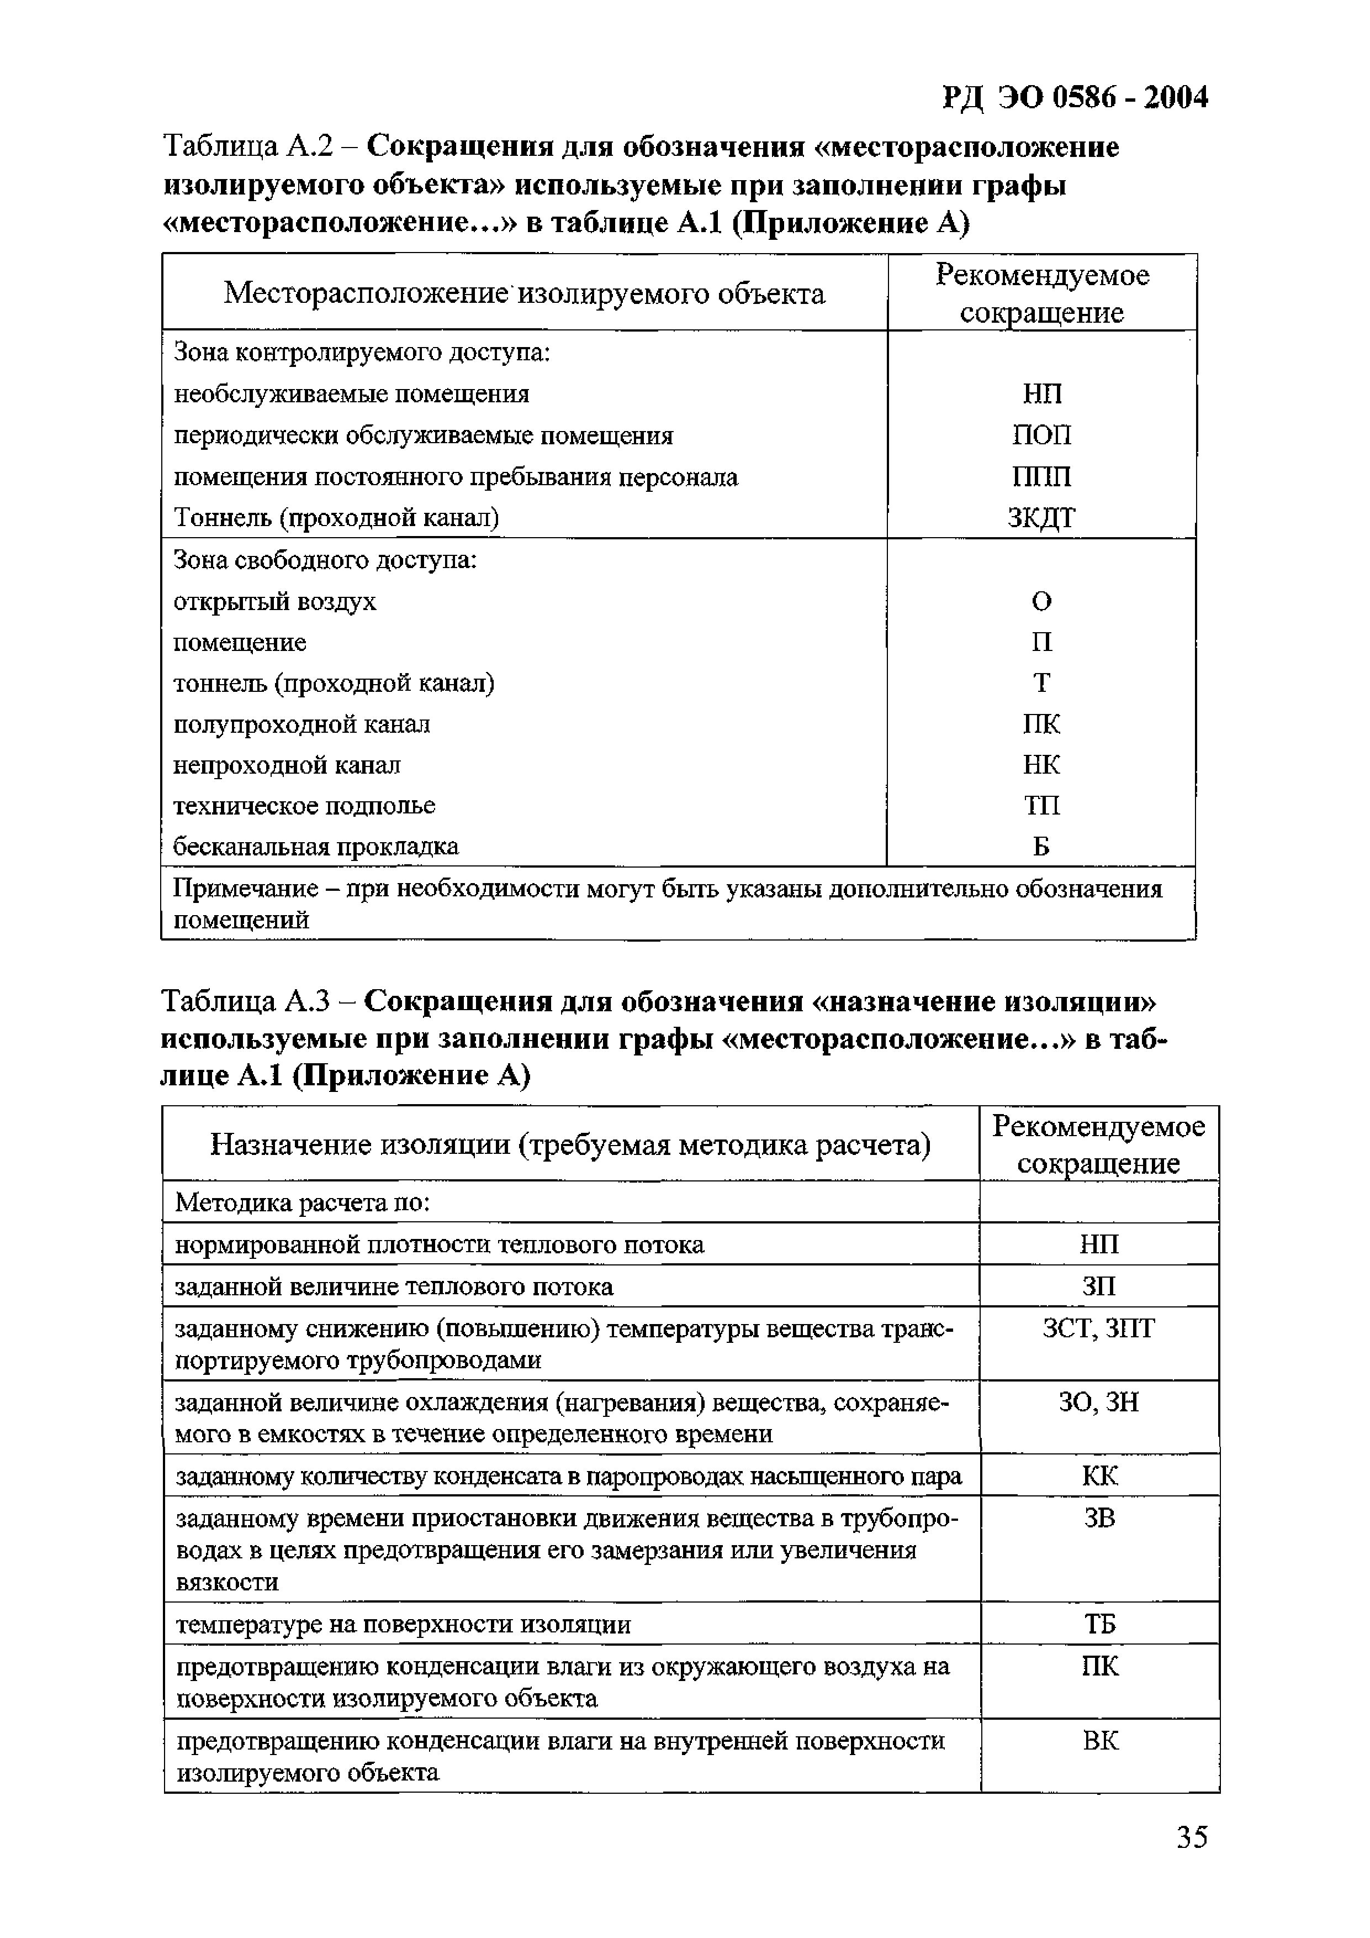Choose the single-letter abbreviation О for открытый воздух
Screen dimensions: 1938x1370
pos(1042,602)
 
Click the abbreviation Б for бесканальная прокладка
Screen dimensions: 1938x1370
pos(1042,847)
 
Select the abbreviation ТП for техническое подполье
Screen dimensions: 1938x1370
pos(1042,806)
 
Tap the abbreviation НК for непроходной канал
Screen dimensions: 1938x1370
pos(1042,765)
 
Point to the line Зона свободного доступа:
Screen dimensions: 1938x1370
pos(325,560)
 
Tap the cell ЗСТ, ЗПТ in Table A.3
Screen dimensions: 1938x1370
pos(1098,1328)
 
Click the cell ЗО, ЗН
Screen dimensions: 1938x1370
pos(1098,1402)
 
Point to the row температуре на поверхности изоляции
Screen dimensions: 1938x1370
pos(403,1625)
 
